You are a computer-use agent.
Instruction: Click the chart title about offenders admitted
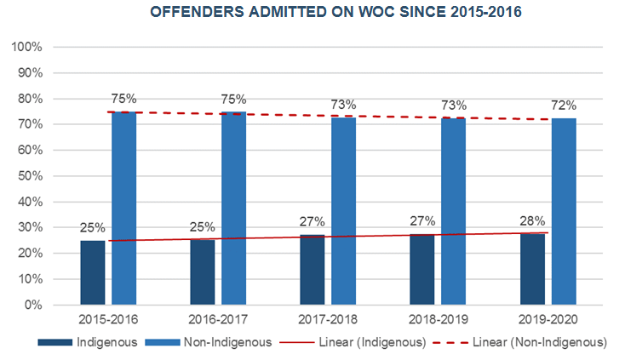[x=313, y=14]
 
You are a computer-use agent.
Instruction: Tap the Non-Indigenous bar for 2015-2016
[x=124, y=208]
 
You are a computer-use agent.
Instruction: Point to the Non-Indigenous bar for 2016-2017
[x=234, y=208]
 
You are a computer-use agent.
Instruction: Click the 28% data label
[x=532, y=221]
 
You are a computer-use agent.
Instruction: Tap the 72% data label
[x=564, y=106]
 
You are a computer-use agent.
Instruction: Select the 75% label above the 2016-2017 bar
[x=234, y=99]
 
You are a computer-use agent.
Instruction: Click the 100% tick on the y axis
[x=29, y=47]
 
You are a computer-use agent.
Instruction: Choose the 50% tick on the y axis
[x=32, y=176]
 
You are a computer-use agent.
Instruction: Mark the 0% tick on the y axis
[x=35, y=305]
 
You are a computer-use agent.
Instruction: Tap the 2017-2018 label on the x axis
[x=329, y=321]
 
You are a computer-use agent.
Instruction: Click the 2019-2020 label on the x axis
[x=548, y=321]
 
